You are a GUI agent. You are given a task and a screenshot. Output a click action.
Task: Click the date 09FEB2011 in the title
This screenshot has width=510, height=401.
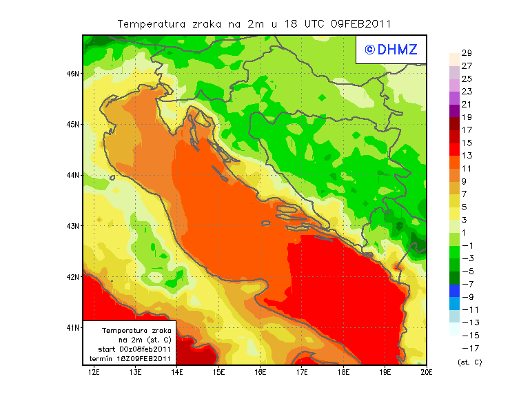tap(361, 23)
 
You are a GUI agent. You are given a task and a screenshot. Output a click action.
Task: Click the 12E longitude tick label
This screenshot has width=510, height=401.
tap(94, 373)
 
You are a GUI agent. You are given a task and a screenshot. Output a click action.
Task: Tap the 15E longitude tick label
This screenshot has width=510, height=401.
tap(218, 373)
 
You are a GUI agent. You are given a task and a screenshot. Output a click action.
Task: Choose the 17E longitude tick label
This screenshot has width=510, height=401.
tap(302, 373)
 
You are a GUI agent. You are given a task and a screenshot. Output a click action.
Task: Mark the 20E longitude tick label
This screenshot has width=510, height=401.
tap(427, 373)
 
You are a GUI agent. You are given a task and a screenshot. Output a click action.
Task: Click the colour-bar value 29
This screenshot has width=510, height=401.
tap(467, 53)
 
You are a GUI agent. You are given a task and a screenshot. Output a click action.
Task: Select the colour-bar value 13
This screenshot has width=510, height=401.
tap(467, 156)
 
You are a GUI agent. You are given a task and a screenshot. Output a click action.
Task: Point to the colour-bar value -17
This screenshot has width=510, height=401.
tap(466, 348)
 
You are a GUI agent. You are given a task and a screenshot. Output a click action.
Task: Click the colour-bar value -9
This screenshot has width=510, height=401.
tap(467, 297)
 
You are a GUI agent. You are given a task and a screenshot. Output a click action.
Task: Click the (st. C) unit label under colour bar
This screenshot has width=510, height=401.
tap(469, 362)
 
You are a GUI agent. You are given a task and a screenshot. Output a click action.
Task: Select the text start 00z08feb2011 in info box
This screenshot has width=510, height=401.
tap(132, 349)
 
